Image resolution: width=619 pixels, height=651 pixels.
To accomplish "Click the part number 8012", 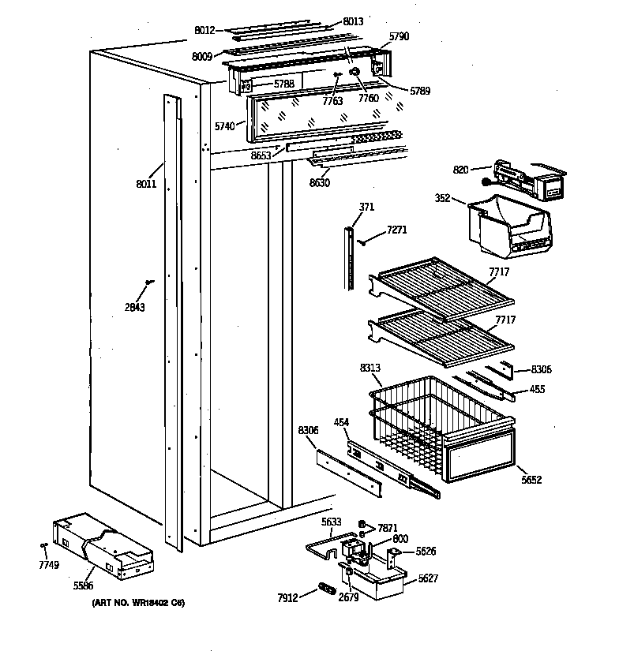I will pos(204,31).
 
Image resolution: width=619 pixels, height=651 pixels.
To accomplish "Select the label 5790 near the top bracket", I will pos(400,36).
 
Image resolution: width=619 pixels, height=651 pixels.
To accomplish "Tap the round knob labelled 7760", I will pos(355,73).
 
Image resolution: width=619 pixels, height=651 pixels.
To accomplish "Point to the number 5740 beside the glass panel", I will pos(224,125).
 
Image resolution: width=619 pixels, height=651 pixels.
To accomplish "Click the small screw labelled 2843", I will pos(148,282).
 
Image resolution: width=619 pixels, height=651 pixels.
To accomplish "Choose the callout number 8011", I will pos(146,185).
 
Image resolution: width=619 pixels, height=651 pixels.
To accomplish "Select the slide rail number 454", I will pos(342,424).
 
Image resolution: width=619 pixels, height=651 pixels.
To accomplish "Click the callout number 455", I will pos(537,389).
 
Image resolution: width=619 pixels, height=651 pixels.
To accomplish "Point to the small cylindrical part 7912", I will pos(325,588).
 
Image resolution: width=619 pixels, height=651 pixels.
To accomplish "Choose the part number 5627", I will pos(427,578).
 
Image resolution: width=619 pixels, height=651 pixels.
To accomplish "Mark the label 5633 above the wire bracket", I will pos(332,521).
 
